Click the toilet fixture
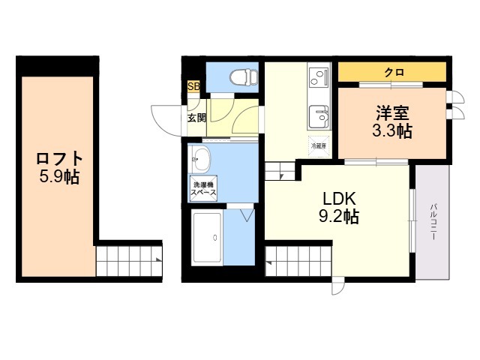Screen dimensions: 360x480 click(x=242, y=76)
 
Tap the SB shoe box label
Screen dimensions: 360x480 click(x=193, y=87)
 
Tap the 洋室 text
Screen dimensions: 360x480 click(x=393, y=114)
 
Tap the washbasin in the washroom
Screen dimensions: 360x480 click(x=202, y=157)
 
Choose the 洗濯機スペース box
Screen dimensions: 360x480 click(x=203, y=188)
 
